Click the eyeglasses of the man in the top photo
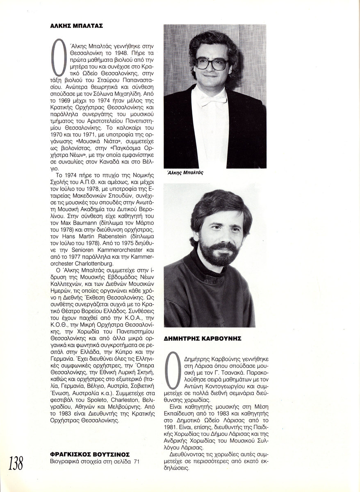pos(212,63)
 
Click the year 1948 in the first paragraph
pos(115,54)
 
